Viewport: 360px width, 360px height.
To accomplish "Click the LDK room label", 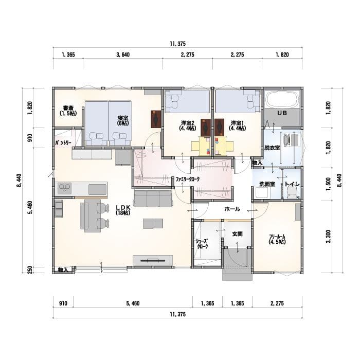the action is pos(123,210).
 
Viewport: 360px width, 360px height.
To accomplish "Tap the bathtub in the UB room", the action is pos(282,99).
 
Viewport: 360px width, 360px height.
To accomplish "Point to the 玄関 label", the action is pos(237,234).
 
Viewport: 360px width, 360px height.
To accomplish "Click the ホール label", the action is pos(232,209).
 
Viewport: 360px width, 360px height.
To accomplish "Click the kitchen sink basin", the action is pos(97,189).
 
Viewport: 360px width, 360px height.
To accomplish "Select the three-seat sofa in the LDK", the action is pos(153,199).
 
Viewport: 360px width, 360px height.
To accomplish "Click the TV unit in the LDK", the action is pos(153,260).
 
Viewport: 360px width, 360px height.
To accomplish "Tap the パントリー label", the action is pos(63,143).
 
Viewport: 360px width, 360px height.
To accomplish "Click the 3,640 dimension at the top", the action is pos(123,55).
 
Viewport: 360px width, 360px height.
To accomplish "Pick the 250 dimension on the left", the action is pos(30,270).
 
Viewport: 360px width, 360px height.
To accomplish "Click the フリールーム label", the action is pos(277,239).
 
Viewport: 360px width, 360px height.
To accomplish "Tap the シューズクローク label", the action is pos(202,244).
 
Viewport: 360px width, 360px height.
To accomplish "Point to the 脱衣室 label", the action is pos(272,148).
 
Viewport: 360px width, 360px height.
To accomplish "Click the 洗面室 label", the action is pos(267,184).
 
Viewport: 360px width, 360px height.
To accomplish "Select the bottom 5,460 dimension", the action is pos(133,303).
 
